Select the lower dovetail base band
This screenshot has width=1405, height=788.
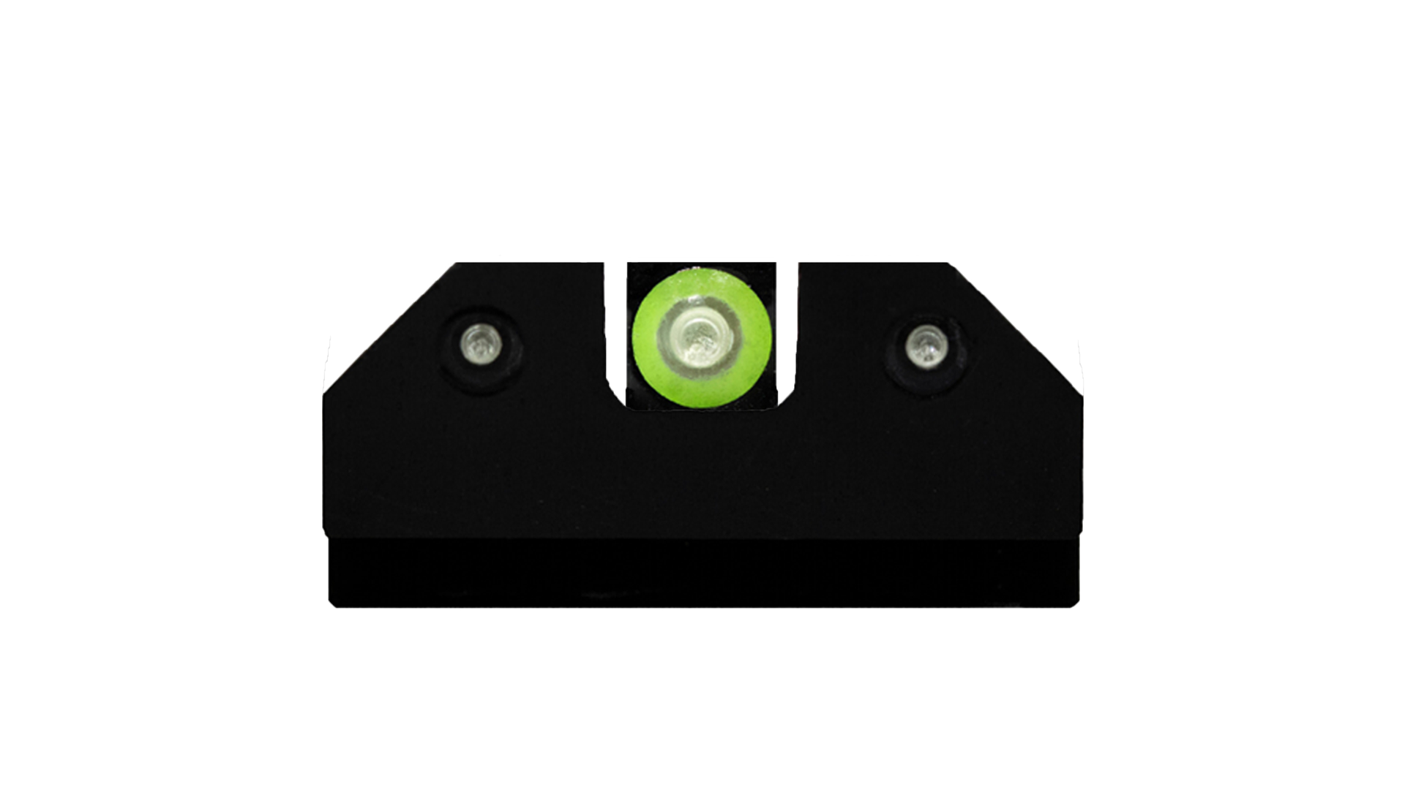pyautogui.click(x=702, y=574)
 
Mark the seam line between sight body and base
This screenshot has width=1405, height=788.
pyautogui.click(x=702, y=539)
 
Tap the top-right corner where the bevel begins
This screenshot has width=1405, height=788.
pyautogui.click(x=948, y=264)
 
